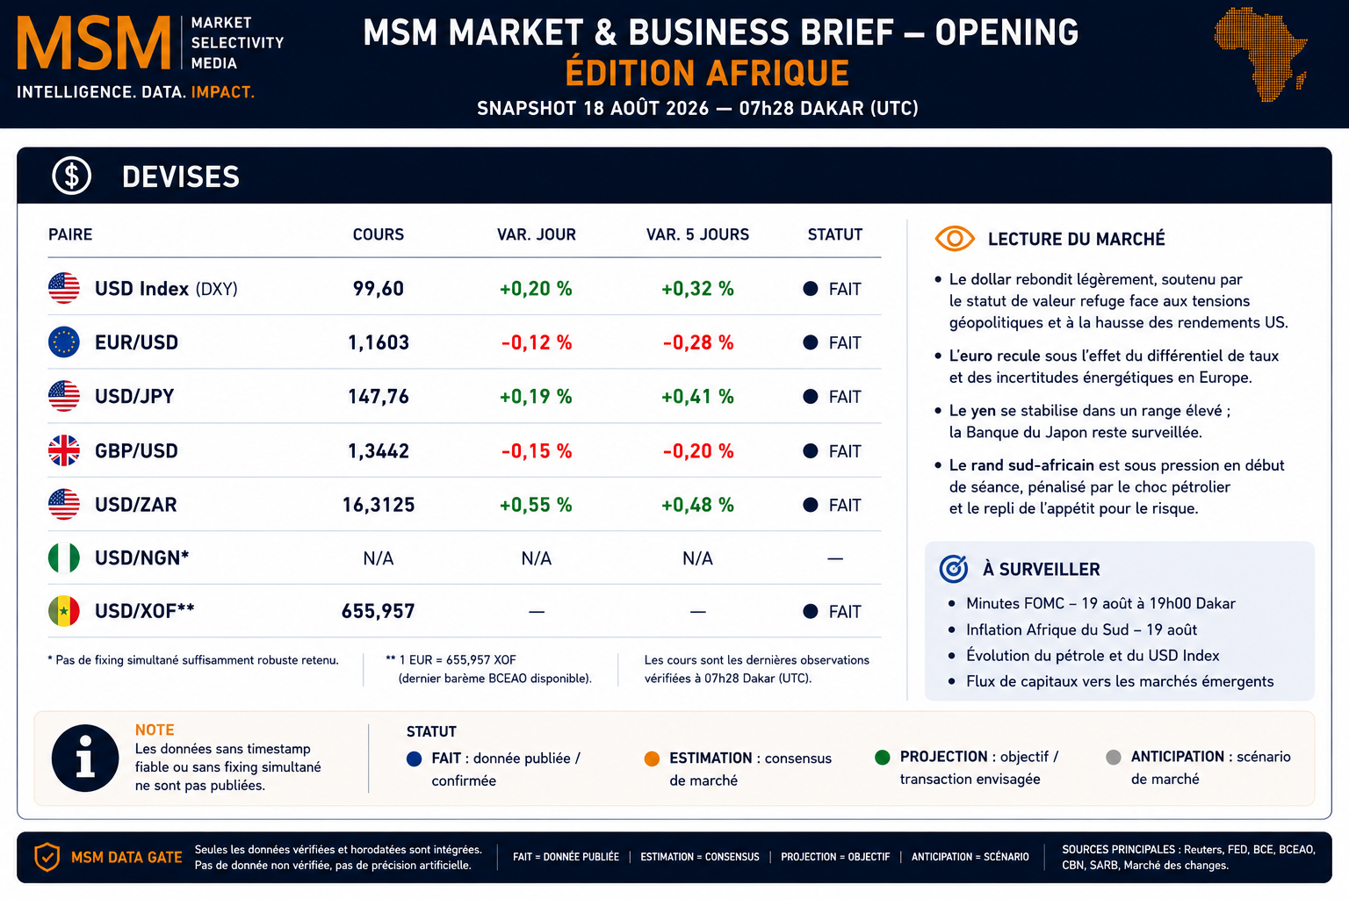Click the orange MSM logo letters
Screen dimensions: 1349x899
[94, 43]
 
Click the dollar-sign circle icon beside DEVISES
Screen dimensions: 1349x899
[72, 176]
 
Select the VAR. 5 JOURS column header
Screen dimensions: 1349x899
[697, 234]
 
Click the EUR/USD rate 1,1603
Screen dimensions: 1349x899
[379, 342]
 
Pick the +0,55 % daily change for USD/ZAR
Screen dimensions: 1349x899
[536, 505]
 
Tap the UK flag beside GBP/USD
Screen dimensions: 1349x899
[64, 450]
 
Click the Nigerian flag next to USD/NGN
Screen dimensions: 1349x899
[64, 557]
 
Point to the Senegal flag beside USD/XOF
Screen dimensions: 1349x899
[64, 611]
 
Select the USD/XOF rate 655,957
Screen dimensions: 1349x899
[379, 611]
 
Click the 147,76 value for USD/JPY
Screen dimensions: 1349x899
[379, 396]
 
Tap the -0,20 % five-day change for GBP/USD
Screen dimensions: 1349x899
[698, 450]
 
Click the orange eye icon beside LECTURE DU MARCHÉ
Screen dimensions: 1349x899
[955, 239]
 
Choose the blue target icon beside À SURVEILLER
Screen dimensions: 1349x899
[954, 568]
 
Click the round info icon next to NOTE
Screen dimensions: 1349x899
[85, 758]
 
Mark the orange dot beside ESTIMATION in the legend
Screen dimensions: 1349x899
[652, 759]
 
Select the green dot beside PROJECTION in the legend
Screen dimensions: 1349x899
[883, 757]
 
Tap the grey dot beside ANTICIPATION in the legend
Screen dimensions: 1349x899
[1114, 757]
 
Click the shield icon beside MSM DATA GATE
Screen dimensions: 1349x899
[47, 857]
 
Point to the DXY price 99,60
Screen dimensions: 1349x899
[379, 289]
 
